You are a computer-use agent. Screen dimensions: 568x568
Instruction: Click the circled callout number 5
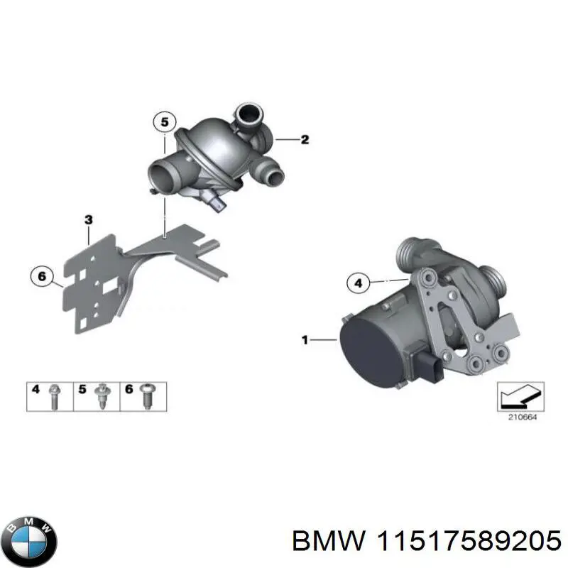click(x=164, y=123)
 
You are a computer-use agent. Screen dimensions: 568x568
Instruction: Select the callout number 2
click(x=305, y=140)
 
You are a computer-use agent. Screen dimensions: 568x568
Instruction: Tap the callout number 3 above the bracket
click(x=88, y=221)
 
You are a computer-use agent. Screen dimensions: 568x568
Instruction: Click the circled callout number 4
click(x=359, y=284)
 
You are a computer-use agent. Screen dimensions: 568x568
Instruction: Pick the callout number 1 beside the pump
click(x=305, y=341)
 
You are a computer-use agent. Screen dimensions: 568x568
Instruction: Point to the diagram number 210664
click(x=522, y=417)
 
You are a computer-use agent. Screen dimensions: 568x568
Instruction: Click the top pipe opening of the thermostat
click(x=248, y=113)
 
